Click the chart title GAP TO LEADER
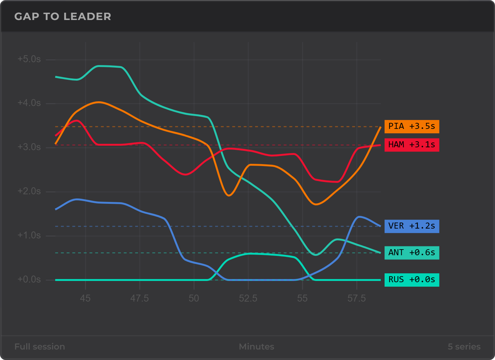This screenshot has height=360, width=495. click(63, 17)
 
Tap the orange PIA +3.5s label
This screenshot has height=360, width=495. click(412, 126)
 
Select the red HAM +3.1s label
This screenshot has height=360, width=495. click(412, 145)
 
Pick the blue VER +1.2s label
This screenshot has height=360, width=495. click(412, 226)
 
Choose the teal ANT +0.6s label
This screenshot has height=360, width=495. click(412, 253)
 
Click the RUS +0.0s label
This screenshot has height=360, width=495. click(412, 280)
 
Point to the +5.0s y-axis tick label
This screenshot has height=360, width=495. click(29, 59)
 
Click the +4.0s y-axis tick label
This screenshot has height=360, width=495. click(29, 103)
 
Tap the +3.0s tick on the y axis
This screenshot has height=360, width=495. click(29, 147)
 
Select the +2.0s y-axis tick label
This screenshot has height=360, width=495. click(29, 191)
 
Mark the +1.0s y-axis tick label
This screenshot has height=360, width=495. click(29, 235)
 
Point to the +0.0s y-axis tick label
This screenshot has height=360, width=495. click(29, 279)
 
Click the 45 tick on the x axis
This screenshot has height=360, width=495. click(85, 298)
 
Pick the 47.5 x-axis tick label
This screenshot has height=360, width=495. click(139, 298)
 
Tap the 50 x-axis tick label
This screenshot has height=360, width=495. click(194, 298)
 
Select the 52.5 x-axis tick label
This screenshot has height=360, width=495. click(248, 298)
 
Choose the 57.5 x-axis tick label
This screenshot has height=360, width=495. click(357, 298)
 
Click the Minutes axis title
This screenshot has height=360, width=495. click(257, 347)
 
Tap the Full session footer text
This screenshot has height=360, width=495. click(40, 347)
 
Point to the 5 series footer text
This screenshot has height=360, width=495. click(464, 347)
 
